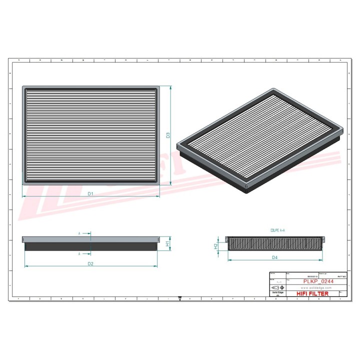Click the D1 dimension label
pos(90,193)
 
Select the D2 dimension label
pos(90,263)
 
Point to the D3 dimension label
pos(168,135)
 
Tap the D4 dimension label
pos(274,257)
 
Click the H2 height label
pos(215,246)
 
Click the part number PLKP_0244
pos(318,282)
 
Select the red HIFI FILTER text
pos(312,294)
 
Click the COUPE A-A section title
pos(277,230)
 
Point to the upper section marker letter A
pos(79,233)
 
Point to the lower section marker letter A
pos(79,254)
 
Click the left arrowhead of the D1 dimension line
pos(23,196)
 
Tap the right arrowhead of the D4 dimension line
pos(322,260)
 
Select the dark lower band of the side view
pos(90,247)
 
